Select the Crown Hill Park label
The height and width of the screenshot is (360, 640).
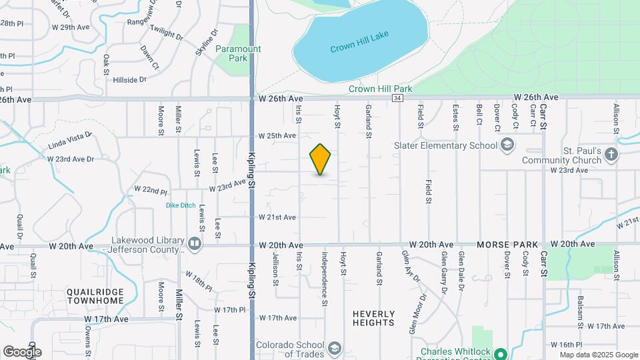[x=381, y=89]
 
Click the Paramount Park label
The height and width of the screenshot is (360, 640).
[x=238, y=53]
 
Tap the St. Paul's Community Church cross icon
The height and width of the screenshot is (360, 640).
[x=612, y=155]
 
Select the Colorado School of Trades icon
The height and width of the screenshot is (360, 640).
[x=334, y=348]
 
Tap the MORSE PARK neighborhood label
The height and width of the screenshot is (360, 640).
[x=503, y=245]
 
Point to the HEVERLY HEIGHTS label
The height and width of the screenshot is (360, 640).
[x=374, y=318]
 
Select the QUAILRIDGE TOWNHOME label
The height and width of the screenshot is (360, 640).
[x=95, y=297]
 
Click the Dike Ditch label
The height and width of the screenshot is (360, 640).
[x=181, y=205]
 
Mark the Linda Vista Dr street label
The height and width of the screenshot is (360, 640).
[x=69, y=141]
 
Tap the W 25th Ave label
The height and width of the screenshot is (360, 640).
[x=277, y=135]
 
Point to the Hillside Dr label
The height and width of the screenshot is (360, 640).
[x=129, y=80]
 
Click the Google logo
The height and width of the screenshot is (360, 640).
[x=22, y=351]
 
